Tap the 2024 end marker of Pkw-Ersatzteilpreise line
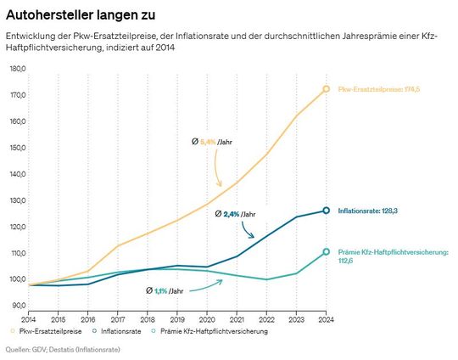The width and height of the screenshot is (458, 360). point(326,89)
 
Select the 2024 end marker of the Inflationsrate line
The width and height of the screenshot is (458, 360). point(326,211)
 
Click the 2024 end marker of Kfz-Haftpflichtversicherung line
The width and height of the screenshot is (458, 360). point(326,252)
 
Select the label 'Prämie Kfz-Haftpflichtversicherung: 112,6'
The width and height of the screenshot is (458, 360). point(392,257)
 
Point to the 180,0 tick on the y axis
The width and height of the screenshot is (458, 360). point(17,68)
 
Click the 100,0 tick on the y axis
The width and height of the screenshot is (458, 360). point(17,279)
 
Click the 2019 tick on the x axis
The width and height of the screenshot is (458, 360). point(177,318)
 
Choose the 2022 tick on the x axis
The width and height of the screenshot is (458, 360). point(266,318)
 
